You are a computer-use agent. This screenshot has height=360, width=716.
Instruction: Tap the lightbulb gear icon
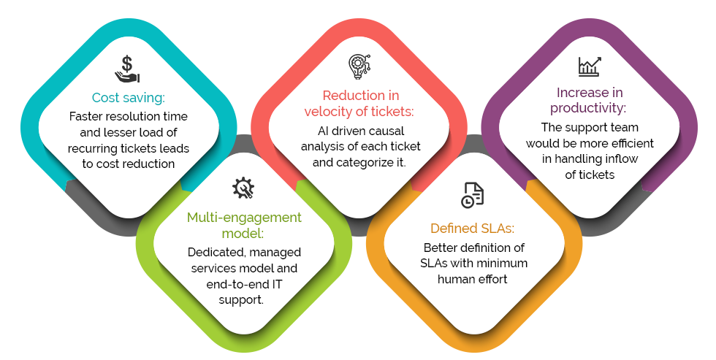point(359,66)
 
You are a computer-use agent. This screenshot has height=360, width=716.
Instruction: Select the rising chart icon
point(590,66)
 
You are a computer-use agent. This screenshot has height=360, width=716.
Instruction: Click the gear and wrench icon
point(243,188)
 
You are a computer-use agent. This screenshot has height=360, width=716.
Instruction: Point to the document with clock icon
point(472,195)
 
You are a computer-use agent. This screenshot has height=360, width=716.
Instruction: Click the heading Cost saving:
point(129,98)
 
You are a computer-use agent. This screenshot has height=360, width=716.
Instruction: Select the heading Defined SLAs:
point(472,228)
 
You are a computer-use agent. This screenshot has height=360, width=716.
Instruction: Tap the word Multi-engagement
point(244,218)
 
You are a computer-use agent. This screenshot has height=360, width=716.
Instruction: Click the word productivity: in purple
point(588,109)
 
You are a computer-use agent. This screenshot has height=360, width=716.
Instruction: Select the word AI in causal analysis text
point(323,131)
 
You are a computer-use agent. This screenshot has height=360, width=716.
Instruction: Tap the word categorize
point(366,163)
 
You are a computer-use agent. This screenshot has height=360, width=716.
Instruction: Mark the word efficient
point(630,144)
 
